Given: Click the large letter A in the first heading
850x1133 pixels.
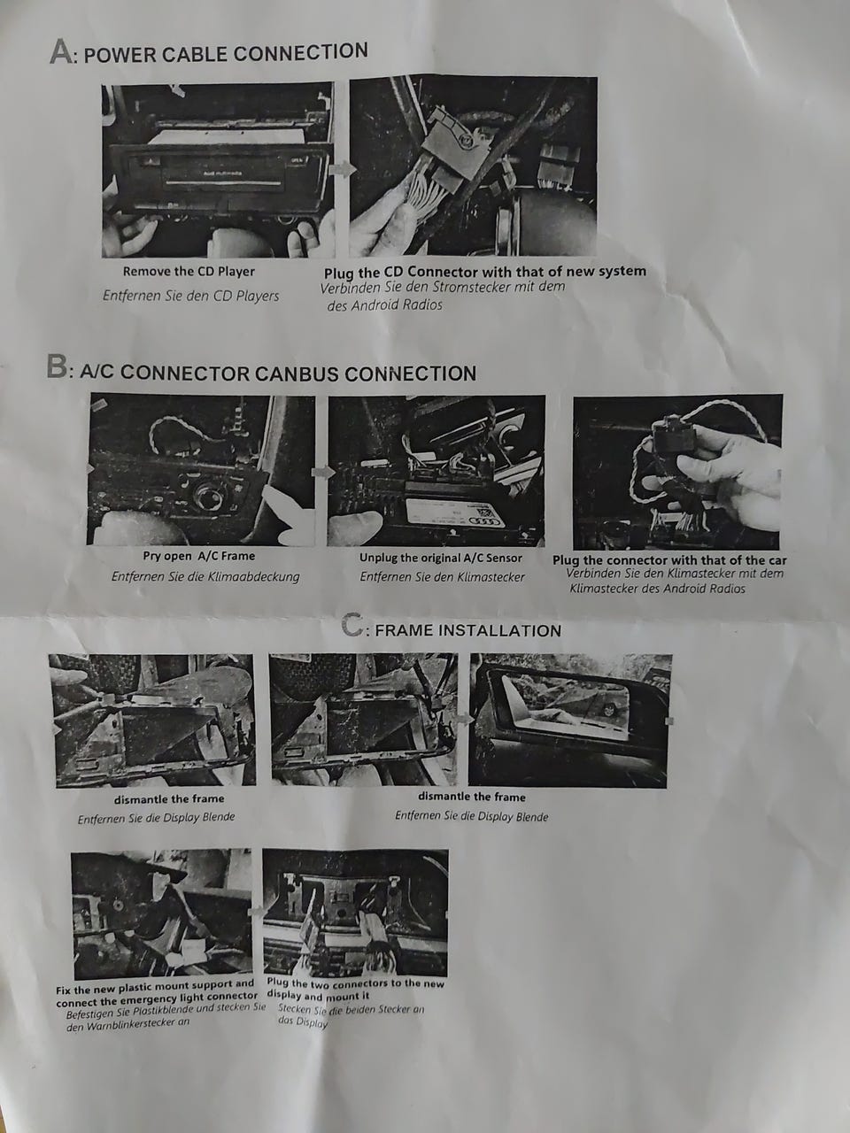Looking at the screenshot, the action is click(62, 52).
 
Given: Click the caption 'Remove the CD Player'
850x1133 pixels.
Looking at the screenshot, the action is click(189, 272).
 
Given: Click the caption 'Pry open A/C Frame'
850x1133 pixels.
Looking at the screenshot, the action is click(198, 556).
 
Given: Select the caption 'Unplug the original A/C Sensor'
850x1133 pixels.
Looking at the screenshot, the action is click(441, 558).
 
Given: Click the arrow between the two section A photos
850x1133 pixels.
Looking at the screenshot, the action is click(342, 169).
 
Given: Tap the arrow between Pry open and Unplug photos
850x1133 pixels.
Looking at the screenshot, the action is click(322, 472).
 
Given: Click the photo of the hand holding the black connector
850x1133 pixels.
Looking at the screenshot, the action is click(677, 472).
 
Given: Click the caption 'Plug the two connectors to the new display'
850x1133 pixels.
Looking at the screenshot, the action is click(356, 989).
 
